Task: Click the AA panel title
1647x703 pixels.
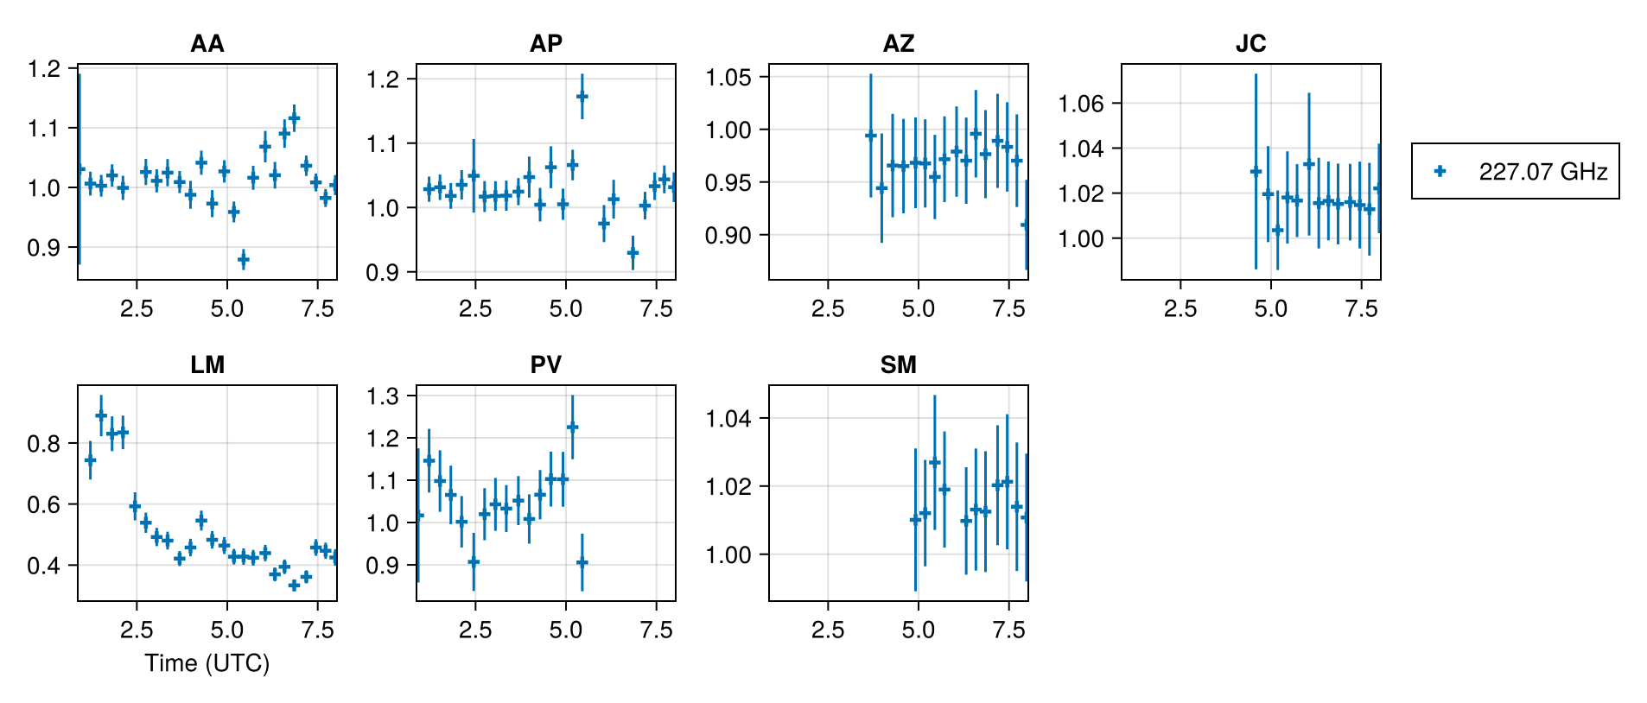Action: click(207, 43)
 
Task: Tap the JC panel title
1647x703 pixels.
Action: click(1250, 43)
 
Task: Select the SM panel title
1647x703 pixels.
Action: click(898, 364)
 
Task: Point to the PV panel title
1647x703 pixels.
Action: click(545, 364)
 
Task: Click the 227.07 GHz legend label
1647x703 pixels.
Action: click(1542, 171)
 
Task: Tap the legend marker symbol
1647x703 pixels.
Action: click(1440, 171)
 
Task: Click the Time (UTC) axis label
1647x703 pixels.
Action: click(207, 662)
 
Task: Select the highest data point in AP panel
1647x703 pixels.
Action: click(582, 96)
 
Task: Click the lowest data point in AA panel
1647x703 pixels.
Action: click(243, 259)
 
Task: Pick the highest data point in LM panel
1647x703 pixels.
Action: click(101, 415)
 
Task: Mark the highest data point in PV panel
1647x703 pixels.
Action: click(572, 427)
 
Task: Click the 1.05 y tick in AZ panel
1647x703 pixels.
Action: click(728, 78)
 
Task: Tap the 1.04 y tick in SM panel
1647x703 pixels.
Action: click(728, 419)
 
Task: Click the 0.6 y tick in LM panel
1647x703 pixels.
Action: click(44, 504)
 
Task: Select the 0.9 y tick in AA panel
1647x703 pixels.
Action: click(44, 248)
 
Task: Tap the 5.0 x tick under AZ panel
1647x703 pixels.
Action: click(918, 308)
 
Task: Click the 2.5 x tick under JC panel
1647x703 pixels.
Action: click(1180, 308)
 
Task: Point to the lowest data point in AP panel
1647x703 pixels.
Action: click(633, 253)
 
